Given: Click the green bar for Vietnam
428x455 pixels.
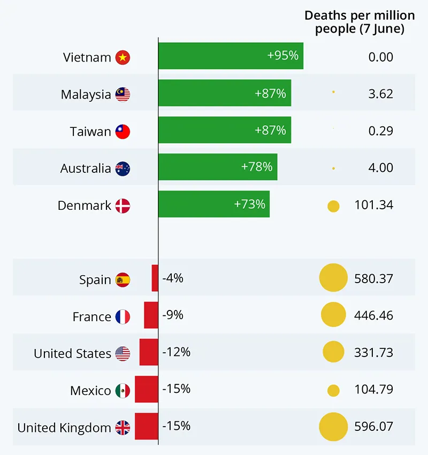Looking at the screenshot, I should click(230, 56).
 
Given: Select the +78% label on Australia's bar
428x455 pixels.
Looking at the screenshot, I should click(257, 167).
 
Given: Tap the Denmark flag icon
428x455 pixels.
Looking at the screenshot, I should click(123, 206).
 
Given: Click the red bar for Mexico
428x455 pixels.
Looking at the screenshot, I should click(146, 389).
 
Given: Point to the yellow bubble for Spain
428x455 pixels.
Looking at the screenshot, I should click(333, 278).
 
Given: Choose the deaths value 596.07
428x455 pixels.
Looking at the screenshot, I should click(373, 427).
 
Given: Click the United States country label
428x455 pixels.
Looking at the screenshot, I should click(72, 354).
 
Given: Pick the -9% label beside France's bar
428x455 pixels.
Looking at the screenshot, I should click(173, 315).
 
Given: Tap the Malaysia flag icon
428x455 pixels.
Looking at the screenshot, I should click(123, 95).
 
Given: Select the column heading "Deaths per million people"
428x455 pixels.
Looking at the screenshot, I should click(359, 22).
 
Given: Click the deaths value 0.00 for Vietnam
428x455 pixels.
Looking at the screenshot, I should click(380, 57).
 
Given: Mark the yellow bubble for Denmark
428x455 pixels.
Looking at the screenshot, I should click(333, 206).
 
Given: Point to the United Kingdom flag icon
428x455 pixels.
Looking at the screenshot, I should click(123, 428).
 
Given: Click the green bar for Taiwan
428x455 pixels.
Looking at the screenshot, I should click(225, 130).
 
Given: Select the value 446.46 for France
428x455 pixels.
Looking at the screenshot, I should click(373, 315).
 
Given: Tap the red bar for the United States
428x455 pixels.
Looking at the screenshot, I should click(149, 352).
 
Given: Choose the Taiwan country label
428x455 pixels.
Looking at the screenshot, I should click(90, 132).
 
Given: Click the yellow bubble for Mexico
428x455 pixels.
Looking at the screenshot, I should click(333, 391).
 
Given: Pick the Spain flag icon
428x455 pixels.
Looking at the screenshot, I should click(123, 279).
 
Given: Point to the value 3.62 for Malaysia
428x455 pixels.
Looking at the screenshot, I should click(380, 94).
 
